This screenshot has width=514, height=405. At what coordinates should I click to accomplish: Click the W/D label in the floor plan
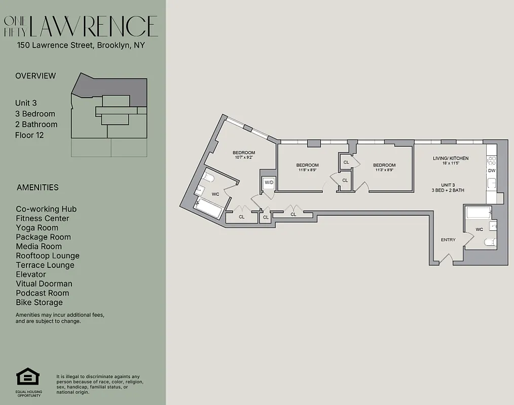268,182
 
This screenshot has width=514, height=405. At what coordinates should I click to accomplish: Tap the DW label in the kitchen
491,171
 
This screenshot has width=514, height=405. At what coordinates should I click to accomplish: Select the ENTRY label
448,240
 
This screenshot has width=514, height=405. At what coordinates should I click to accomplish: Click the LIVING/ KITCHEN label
450,158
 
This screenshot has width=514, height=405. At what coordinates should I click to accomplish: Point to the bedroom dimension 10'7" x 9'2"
243,158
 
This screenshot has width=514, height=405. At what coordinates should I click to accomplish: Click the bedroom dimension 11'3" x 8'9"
384,171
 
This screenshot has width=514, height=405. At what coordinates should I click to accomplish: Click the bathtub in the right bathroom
478,212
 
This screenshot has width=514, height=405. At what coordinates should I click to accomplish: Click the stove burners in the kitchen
491,161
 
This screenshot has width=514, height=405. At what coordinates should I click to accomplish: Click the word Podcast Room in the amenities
43,293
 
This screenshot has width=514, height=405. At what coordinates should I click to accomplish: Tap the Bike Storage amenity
40,302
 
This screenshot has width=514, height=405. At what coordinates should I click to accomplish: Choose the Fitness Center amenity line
43,218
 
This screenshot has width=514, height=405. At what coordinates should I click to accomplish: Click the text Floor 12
29,135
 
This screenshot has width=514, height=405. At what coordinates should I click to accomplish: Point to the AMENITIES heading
38,187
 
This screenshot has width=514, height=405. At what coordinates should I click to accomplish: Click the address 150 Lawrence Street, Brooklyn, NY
81,46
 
